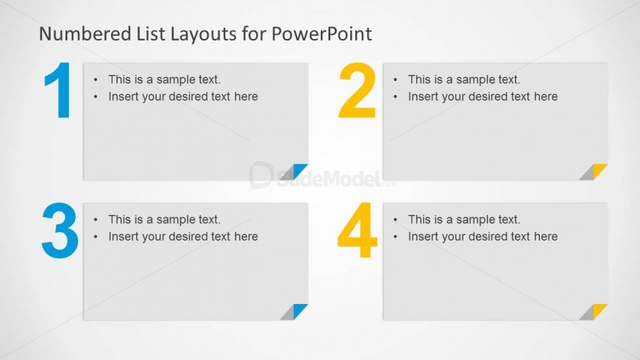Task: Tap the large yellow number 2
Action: point(357,91)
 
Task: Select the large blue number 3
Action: point(60,230)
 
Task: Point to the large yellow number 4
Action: point(357,230)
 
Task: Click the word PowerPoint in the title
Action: point(321,34)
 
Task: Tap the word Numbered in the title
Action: point(85,34)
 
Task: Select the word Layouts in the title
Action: point(203,35)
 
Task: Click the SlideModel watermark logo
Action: point(321,176)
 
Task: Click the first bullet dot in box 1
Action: point(96,80)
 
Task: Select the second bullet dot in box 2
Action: point(395,97)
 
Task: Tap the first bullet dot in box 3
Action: point(96,220)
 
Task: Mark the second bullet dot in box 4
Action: point(395,237)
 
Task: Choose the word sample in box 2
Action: point(477,80)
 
